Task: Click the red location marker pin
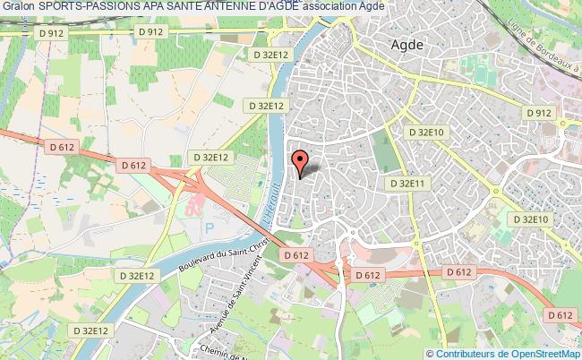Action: [x=300, y=162]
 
